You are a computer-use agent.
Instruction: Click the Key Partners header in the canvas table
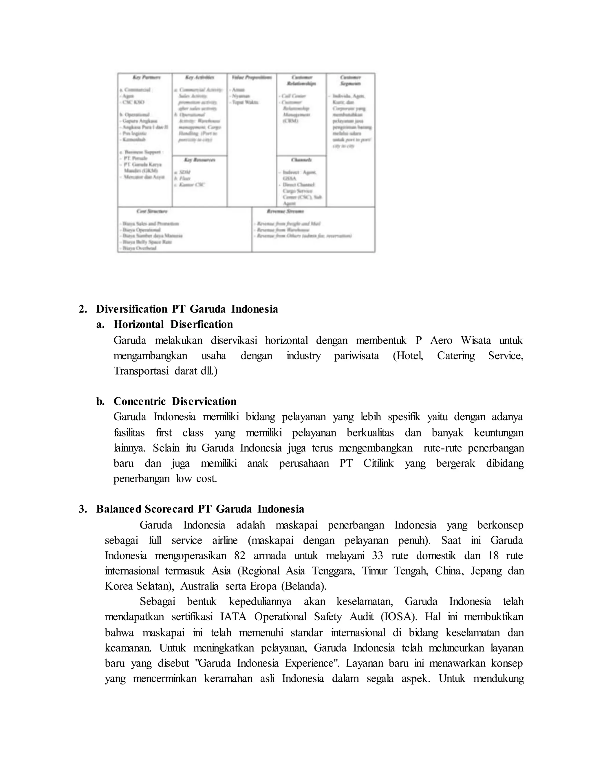pos(147,77)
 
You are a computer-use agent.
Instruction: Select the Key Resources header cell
pos(200,160)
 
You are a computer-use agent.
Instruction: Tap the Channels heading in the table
pos(301,160)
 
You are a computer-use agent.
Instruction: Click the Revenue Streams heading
pos(285,211)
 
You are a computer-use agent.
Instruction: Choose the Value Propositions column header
pos(252,77)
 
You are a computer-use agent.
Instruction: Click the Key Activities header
pos(200,77)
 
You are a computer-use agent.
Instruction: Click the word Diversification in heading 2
pos(132,309)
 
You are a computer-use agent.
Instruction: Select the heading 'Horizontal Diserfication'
pos(173,324)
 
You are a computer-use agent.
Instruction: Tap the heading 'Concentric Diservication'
pos(175,401)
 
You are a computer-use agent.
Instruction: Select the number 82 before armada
pos(240,556)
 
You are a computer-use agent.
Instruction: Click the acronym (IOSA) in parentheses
pos(399,617)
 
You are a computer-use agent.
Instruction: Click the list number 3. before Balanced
pos(83,509)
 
